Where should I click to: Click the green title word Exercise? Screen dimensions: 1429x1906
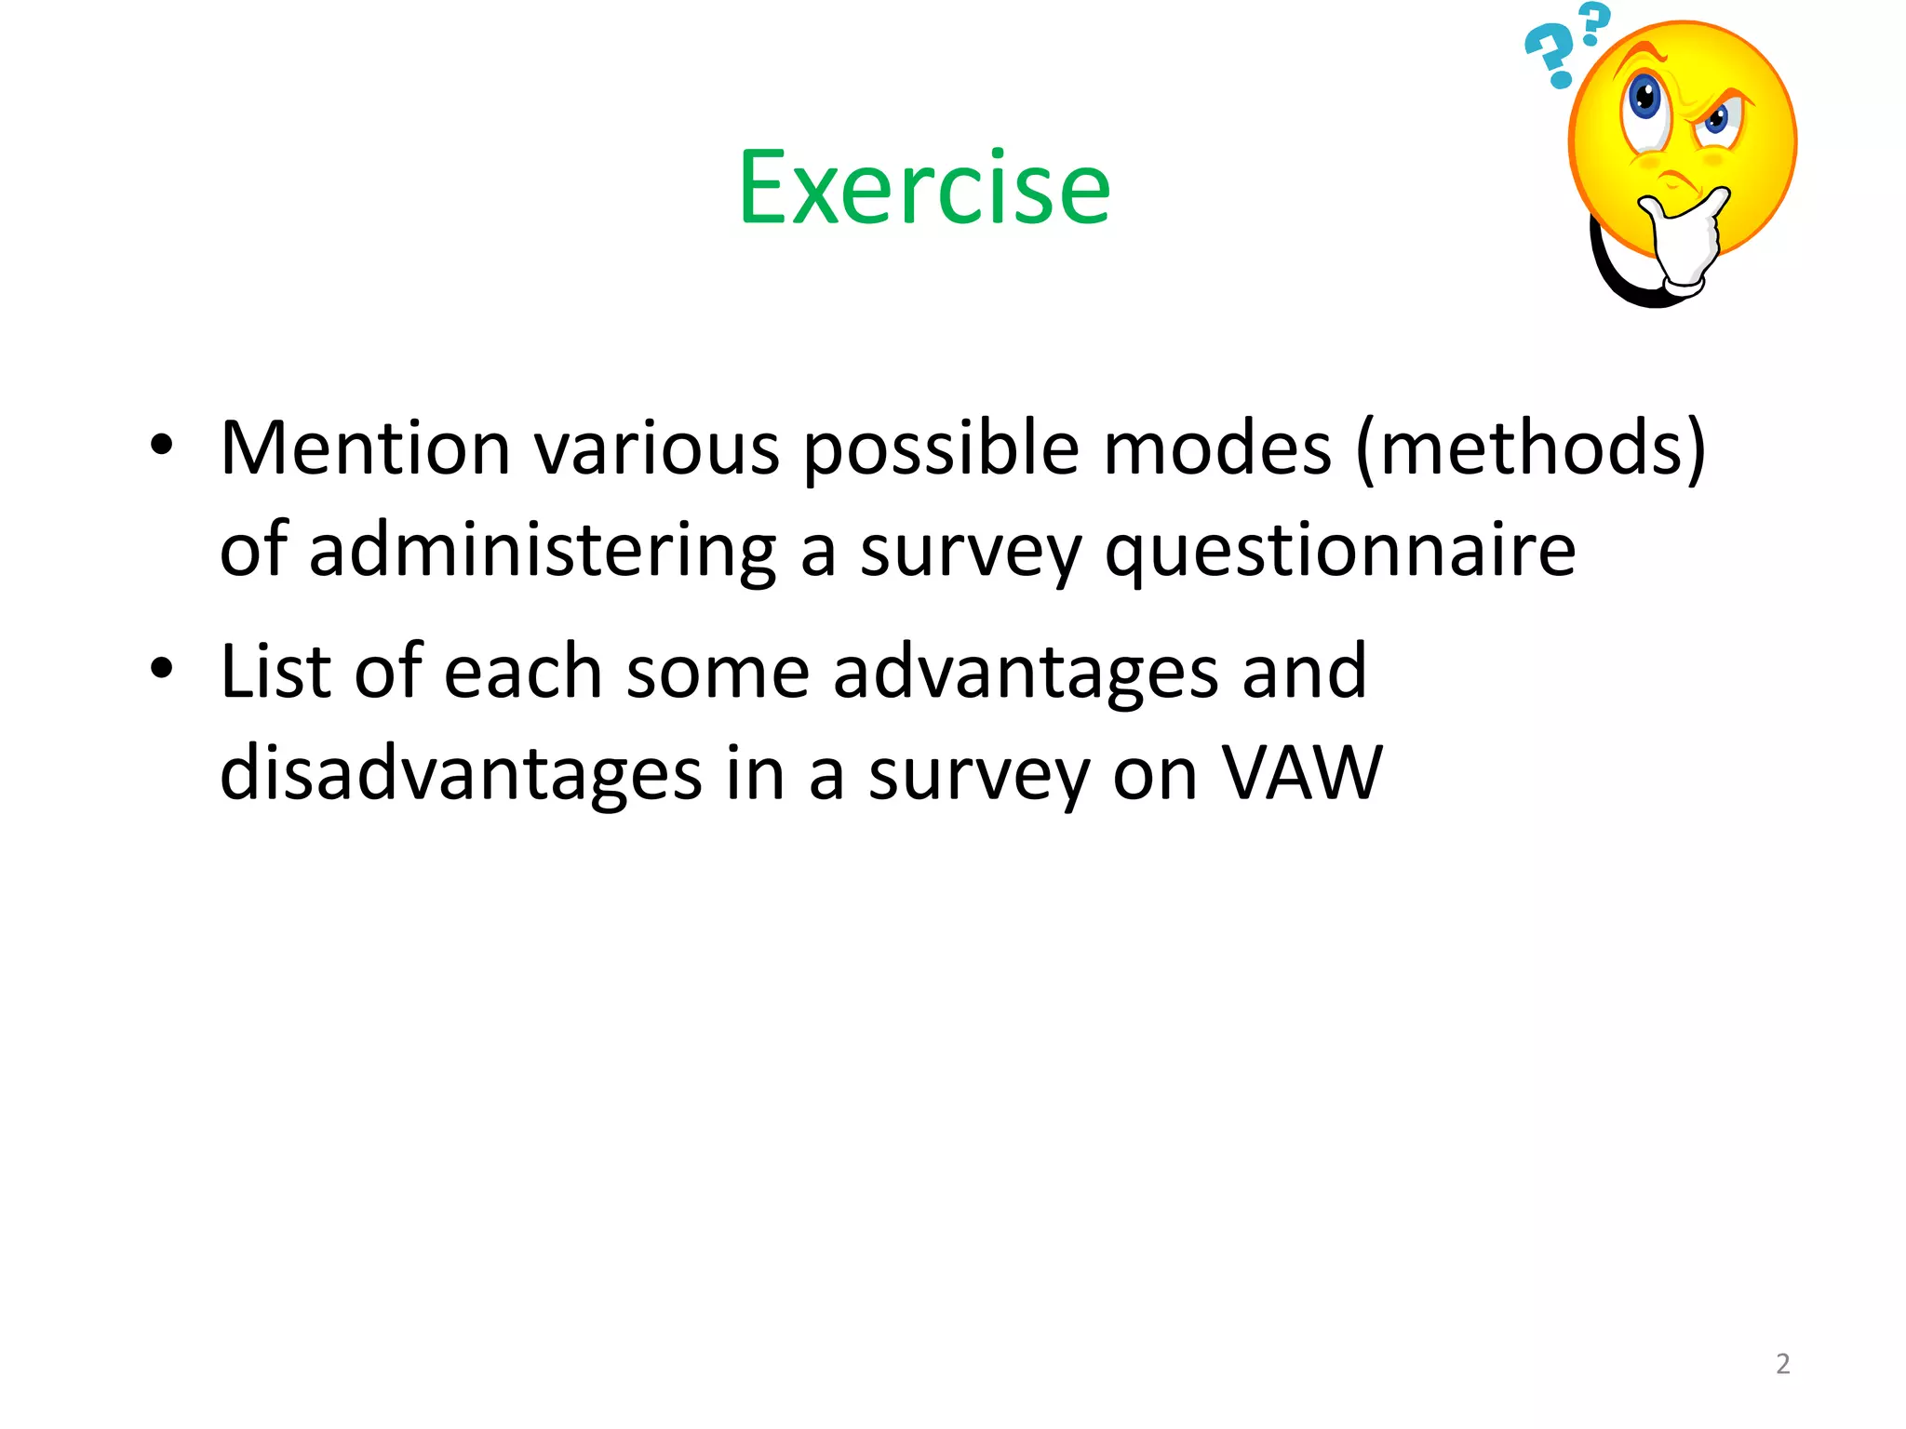point(924,189)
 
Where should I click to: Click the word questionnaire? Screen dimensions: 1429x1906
point(1340,552)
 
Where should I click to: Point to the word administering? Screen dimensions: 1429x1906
point(542,550)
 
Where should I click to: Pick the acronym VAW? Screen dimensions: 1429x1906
point(1302,772)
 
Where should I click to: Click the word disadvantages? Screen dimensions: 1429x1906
point(461,773)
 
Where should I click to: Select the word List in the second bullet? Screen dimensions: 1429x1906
point(275,671)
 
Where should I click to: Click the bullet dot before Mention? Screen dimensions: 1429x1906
point(161,445)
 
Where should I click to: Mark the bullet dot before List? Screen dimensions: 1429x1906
point(161,667)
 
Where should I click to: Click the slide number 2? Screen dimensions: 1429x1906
point(1782,1364)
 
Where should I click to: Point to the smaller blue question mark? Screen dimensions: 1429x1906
point(1594,22)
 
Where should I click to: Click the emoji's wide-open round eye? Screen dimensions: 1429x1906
point(1645,100)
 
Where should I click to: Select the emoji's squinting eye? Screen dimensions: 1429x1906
point(1715,119)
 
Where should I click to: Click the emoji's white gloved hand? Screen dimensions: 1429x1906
point(1685,240)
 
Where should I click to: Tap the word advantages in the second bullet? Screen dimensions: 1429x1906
point(1025,673)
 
